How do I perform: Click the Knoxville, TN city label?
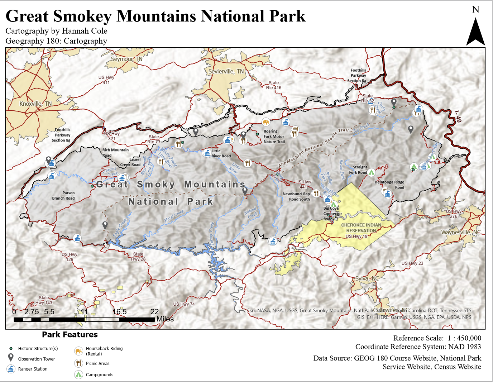pyautogui.click(x=35, y=104)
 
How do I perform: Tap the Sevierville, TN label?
pyautogui.click(x=226, y=71)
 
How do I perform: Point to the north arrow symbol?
pyautogui.click(x=475, y=32)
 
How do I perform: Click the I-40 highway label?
pyautogui.click(x=458, y=116)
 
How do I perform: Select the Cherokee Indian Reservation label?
pyautogui.click(x=361, y=228)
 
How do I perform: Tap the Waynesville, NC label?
pyautogui.click(x=461, y=232)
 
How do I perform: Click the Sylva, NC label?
pyautogui.click(x=367, y=278)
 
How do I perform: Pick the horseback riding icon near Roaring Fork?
pyautogui.click(x=266, y=122)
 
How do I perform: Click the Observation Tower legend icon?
pyautogui.click(x=11, y=358)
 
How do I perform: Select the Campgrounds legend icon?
pyautogui.click(x=78, y=374)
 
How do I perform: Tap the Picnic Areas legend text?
pyautogui.click(x=97, y=363)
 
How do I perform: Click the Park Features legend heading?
pyautogui.click(x=70, y=334)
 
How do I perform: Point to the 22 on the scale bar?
pyautogui.click(x=154, y=311)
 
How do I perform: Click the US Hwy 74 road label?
pyautogui.click(x=184, y=304)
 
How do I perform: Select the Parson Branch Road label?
pyautogui.click(x=63, y=195)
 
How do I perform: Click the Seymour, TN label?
pyautogui.click(x=126, y=59)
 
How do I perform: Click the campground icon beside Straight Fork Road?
pyautogui.click(x=372, y=172)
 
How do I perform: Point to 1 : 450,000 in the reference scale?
pyautogui.click(x=464, y=338)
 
